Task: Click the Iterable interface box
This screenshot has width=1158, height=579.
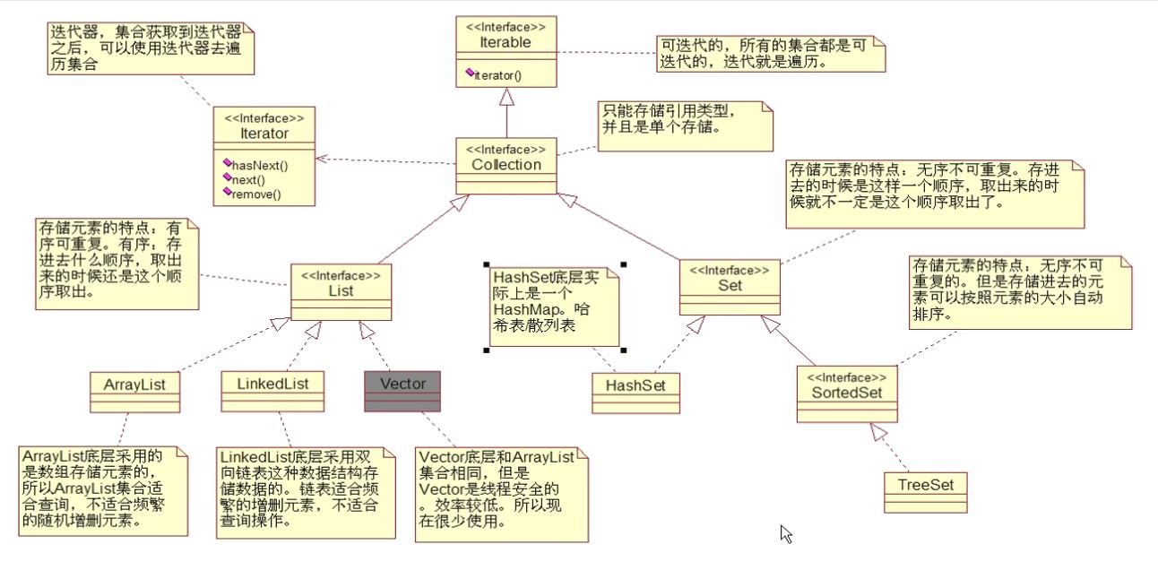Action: coord(506,51)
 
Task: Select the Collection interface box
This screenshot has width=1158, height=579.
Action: coord(506,166)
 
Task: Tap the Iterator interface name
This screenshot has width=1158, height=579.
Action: coord(264,134)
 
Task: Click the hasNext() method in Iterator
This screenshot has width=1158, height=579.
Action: coord(260,165)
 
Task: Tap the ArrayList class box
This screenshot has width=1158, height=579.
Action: coord(135,391)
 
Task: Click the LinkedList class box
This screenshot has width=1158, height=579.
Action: coord(272,391)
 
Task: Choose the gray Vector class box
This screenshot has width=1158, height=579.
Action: coord(402,391)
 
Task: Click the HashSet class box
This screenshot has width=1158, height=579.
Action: coord(635,393)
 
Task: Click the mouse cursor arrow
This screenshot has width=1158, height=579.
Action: coord(785,533)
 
